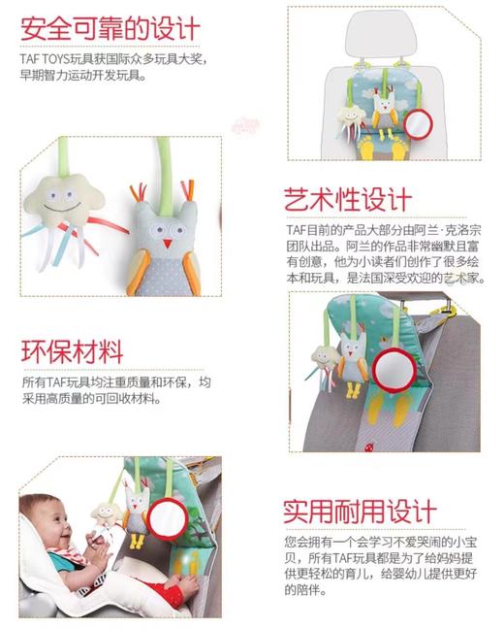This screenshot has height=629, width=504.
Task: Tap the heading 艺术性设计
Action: (x=347, y=199)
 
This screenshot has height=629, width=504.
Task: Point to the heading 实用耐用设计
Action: (x=360, y=511)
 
